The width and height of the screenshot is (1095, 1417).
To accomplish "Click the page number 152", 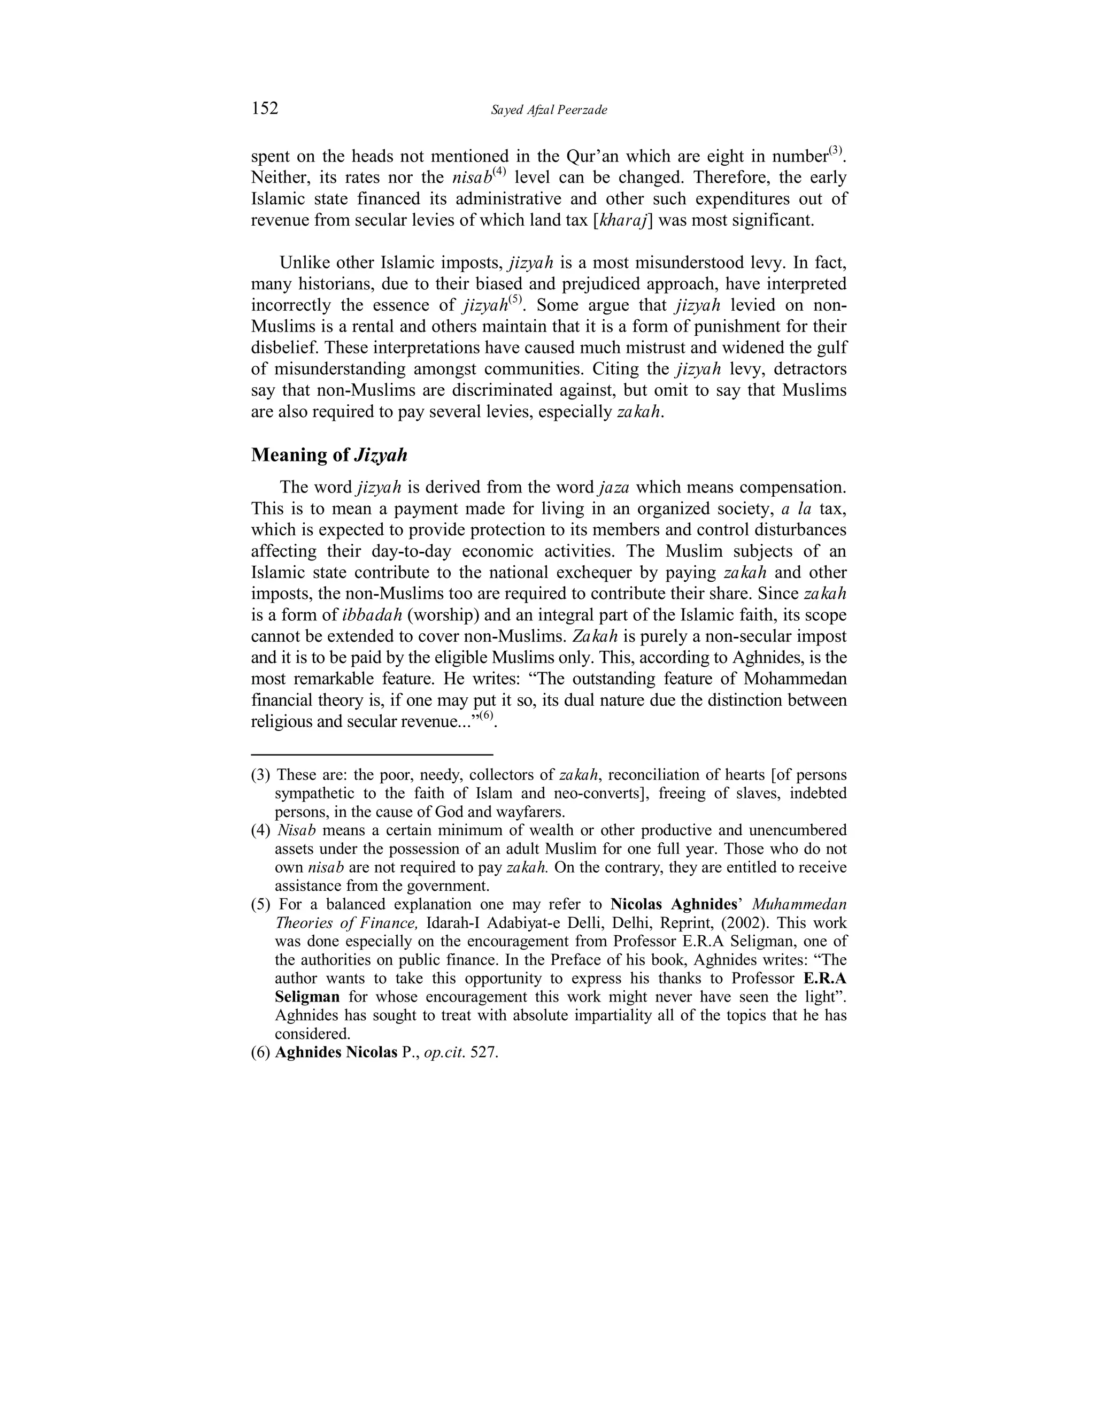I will coord(265,109).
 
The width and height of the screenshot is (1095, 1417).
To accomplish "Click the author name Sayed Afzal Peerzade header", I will coord(549,110).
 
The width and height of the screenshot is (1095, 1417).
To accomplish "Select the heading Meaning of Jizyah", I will coord(329,456).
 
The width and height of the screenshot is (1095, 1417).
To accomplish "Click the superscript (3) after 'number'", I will coord(835,151).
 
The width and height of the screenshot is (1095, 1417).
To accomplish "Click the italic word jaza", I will coord(613,487).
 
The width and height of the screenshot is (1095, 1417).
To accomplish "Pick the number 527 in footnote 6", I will coord(484,1052).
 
